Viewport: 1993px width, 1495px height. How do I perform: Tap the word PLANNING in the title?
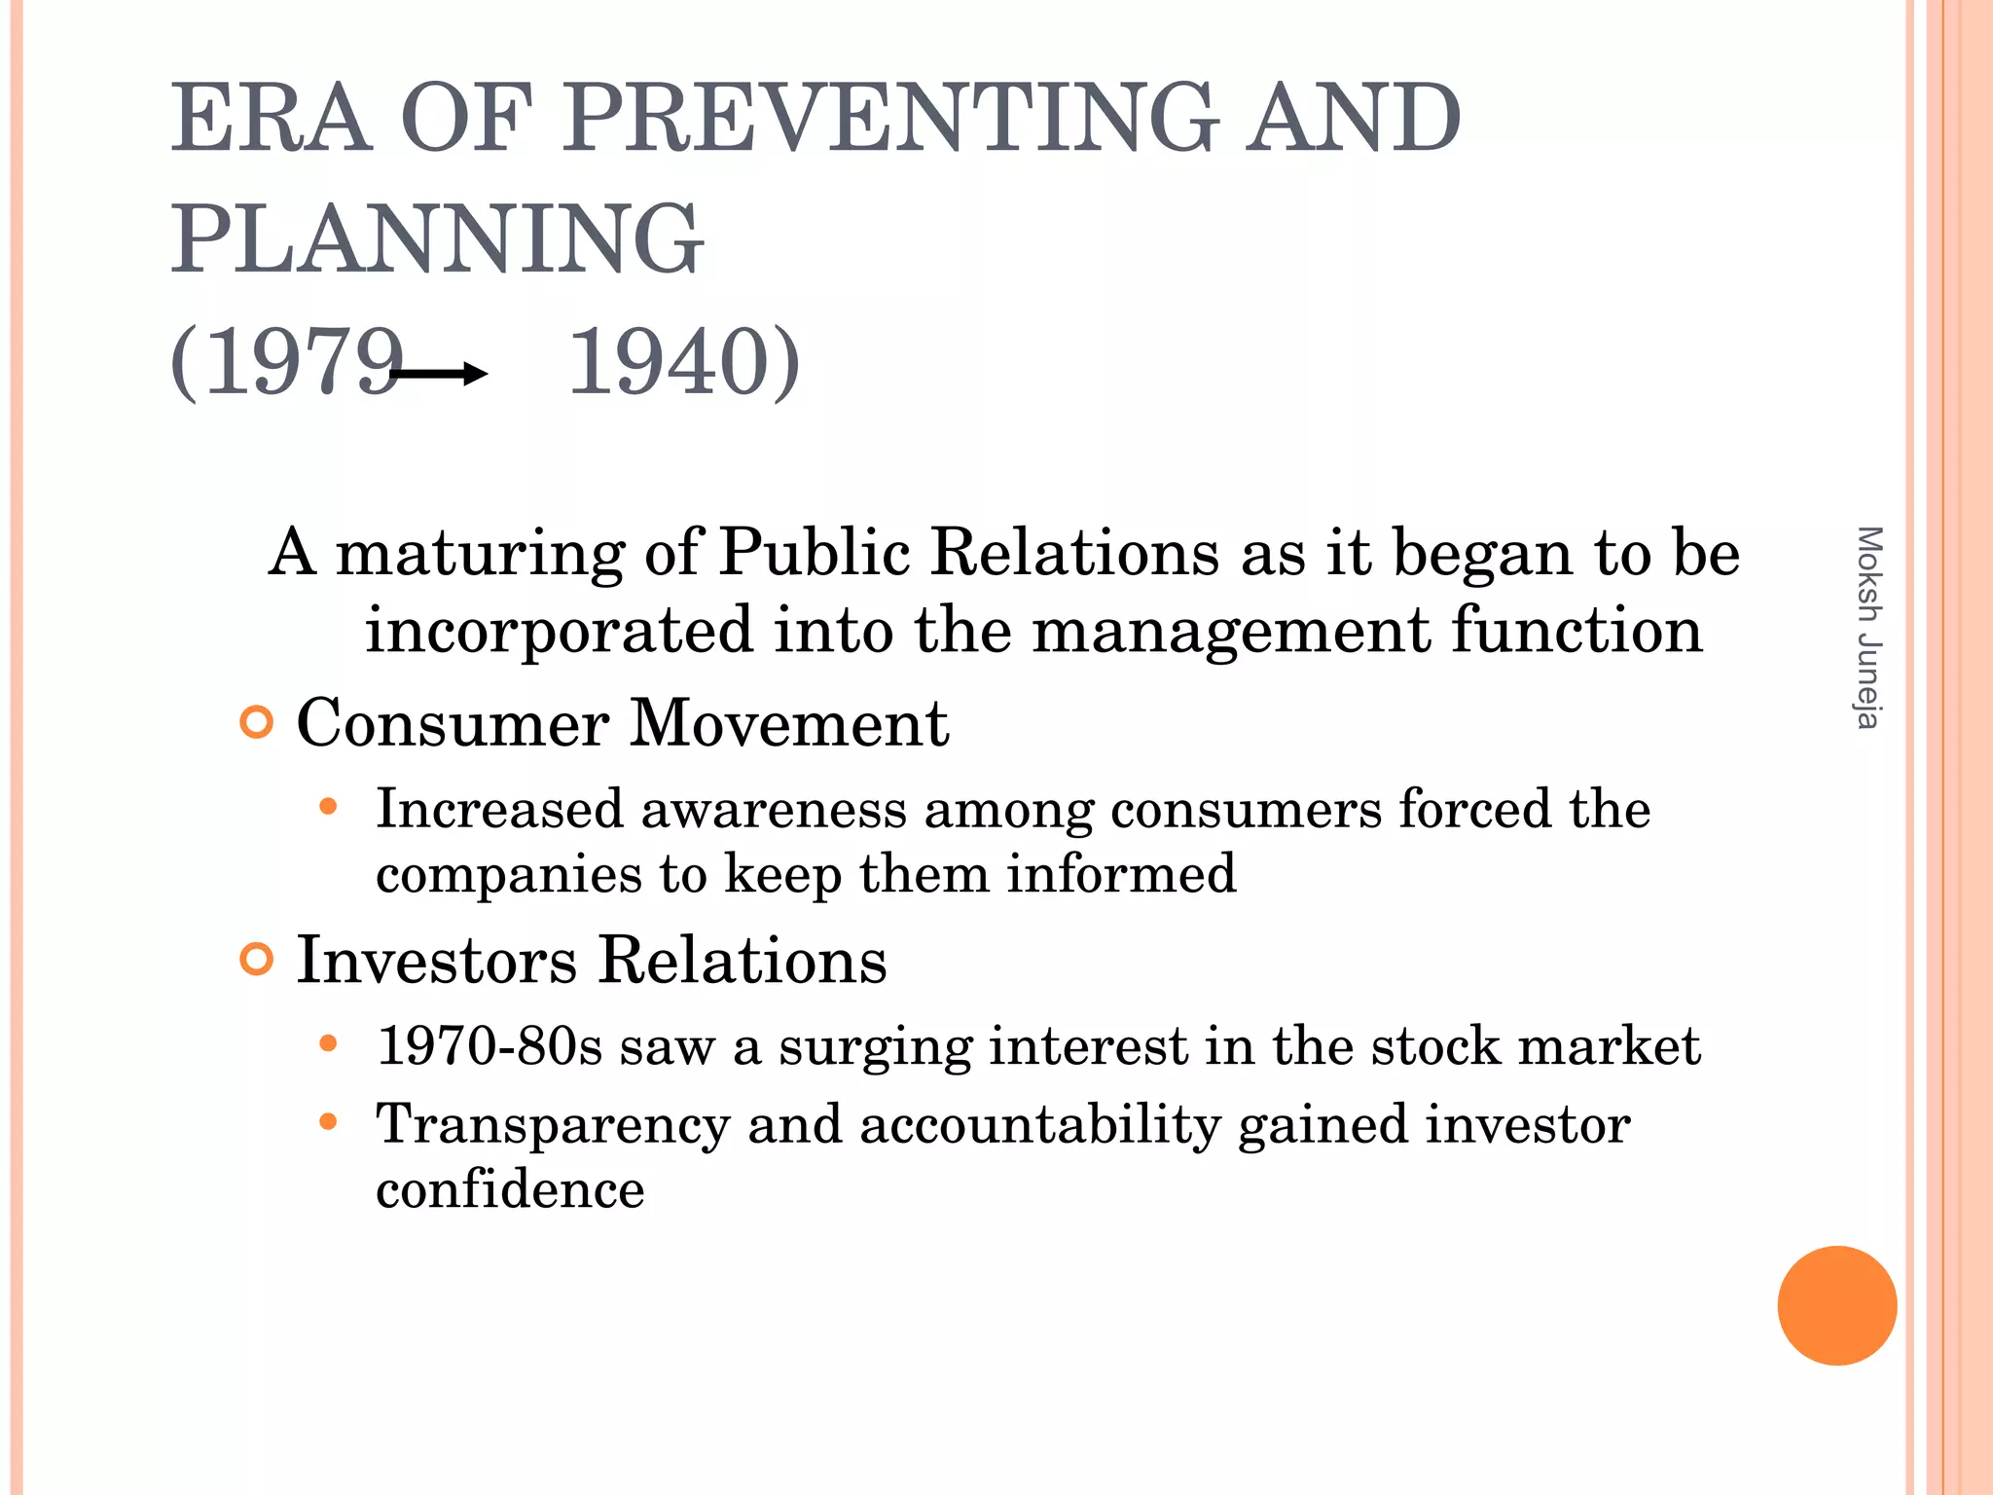point(437,238)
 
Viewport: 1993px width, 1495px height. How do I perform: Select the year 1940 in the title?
point(670,362)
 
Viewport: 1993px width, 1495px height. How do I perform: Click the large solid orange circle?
point(1836,1305)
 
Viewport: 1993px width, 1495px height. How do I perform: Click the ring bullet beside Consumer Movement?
point(256,723)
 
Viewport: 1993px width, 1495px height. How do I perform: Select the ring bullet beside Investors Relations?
point(256,960)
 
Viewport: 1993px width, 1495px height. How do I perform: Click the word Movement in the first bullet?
point(789,724)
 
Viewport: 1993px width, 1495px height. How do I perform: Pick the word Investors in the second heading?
point(437,961)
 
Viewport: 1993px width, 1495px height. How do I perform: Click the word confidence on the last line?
point(510,1189)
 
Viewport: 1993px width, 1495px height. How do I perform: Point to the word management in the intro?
point(1231,631)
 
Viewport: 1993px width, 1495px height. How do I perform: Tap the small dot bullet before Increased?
point(328,807)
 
